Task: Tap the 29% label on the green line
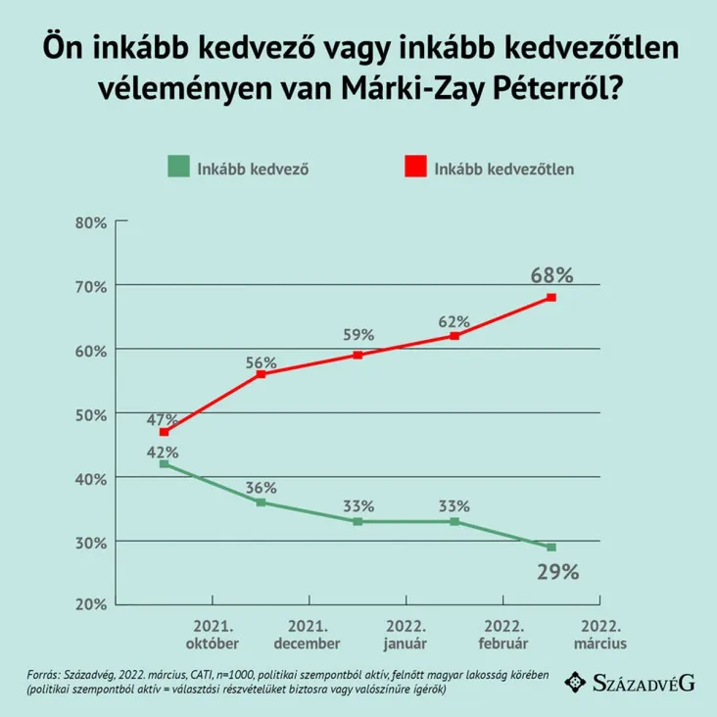point(556,570)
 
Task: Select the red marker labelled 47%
point(164,432)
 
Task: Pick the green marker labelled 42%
point(164,464)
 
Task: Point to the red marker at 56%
point(261,374)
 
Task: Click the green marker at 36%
point(261,502)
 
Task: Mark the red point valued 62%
point(454,336)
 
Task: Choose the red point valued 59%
point(358,355)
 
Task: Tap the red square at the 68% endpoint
point(551,298)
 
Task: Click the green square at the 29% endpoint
point(551,548)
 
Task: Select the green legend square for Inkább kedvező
point(176,167)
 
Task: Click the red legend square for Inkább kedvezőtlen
point(415,167)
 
